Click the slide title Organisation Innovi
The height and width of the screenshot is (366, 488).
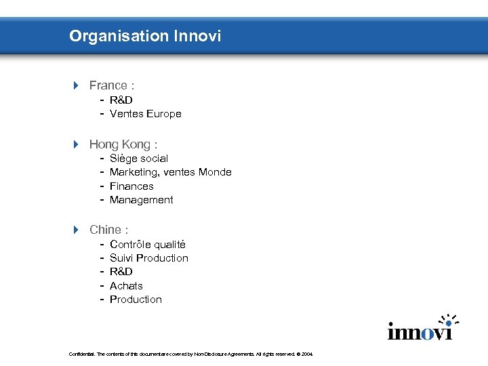coord(145,36)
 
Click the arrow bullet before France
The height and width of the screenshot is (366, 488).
coord(77,85)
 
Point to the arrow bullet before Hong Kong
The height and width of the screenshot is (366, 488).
coord(77,144)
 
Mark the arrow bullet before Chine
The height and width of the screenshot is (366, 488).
coord(77,230)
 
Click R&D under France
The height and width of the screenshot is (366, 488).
coord(121,100)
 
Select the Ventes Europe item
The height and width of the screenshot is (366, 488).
coord(145,114)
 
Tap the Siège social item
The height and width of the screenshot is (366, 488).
coord(138,159)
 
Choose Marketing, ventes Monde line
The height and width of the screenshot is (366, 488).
coord(170,172)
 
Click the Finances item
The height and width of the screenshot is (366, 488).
coord(131,186)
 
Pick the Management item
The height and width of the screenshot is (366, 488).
coord(141,200)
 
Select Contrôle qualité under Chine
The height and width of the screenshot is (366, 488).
coord(147,244)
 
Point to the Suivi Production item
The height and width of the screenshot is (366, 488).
coord(148,258)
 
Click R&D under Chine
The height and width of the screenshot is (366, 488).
coord(121,272)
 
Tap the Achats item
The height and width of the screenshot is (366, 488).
coord(126,286)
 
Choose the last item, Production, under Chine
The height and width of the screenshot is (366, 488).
coord(136,300)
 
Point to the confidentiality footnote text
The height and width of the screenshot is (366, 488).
coord(190,354)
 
